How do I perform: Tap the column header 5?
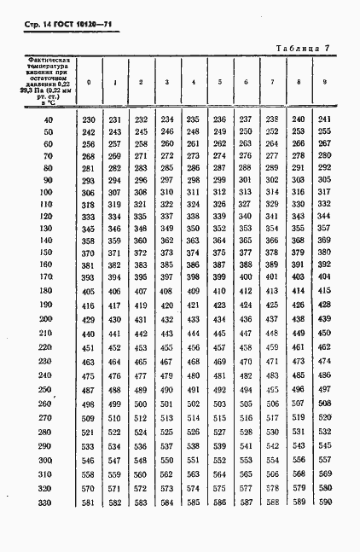click(220, 83)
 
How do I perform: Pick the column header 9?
click(323, 82)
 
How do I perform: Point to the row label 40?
click(48, 119)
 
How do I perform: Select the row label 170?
click(48, 277)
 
